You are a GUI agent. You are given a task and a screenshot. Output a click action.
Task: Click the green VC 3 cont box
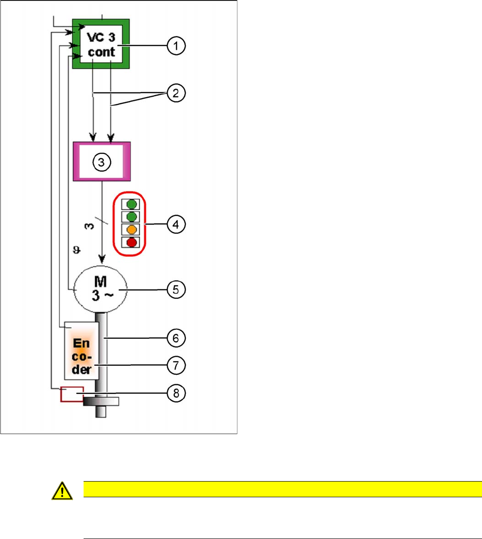pyautogui.click(x=101, y=44)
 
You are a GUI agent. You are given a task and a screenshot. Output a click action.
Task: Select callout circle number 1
pyautogui.click(x=176, y=46)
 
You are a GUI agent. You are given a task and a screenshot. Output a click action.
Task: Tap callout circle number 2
pyautogui.click(x=176, y=93)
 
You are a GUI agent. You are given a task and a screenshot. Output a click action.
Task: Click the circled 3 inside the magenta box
pyautogui.click(x=101, y=162)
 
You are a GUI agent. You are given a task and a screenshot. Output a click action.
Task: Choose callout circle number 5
pyautogui.click(x=176, y=289)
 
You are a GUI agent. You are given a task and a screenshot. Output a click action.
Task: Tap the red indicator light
pyautogui.click(x=132, y=242)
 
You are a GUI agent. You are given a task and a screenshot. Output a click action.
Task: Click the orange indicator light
pyautogui.click(x=132, y=230)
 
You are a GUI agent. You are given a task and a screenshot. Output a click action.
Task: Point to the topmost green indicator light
pyautogui.click(x=132, y=204)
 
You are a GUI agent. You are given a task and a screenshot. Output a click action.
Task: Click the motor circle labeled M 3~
pyautogui.click(x=102, y=289)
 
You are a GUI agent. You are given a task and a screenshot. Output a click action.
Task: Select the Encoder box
pyautogui.click(x=81, y=351)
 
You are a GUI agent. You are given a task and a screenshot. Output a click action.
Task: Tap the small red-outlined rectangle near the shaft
pyautogui.click(x=71, y=394)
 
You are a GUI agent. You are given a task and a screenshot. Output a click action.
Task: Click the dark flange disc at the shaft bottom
pyautogui.click(x=101, y=401)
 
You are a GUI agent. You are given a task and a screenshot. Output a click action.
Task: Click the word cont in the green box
pyautogui.click(x=102, y=52)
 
